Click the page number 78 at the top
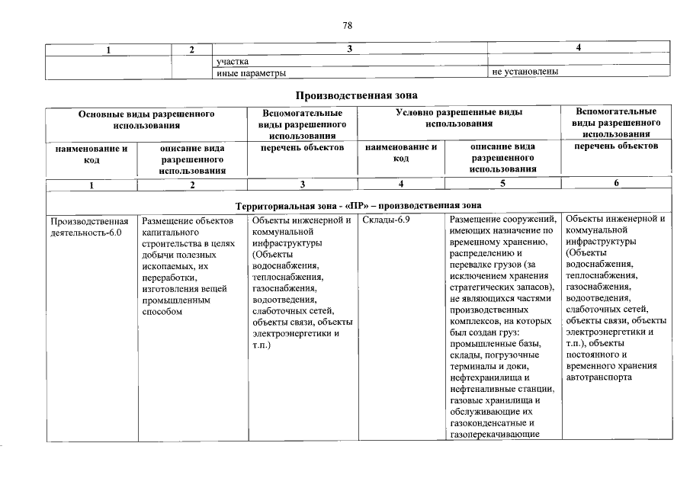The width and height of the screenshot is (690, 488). (347, 25)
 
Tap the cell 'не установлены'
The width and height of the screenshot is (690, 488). (526, 72)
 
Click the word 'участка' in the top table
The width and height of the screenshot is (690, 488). (233, 61)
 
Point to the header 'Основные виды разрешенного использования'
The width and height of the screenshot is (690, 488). (146, 118)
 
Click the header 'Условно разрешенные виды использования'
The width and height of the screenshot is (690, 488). (458, 118)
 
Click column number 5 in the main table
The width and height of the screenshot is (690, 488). (502, 185)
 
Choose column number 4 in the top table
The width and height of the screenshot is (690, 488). (579, 50)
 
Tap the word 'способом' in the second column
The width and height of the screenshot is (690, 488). (162, 312)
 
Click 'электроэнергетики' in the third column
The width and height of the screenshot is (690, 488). (290, 334)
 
